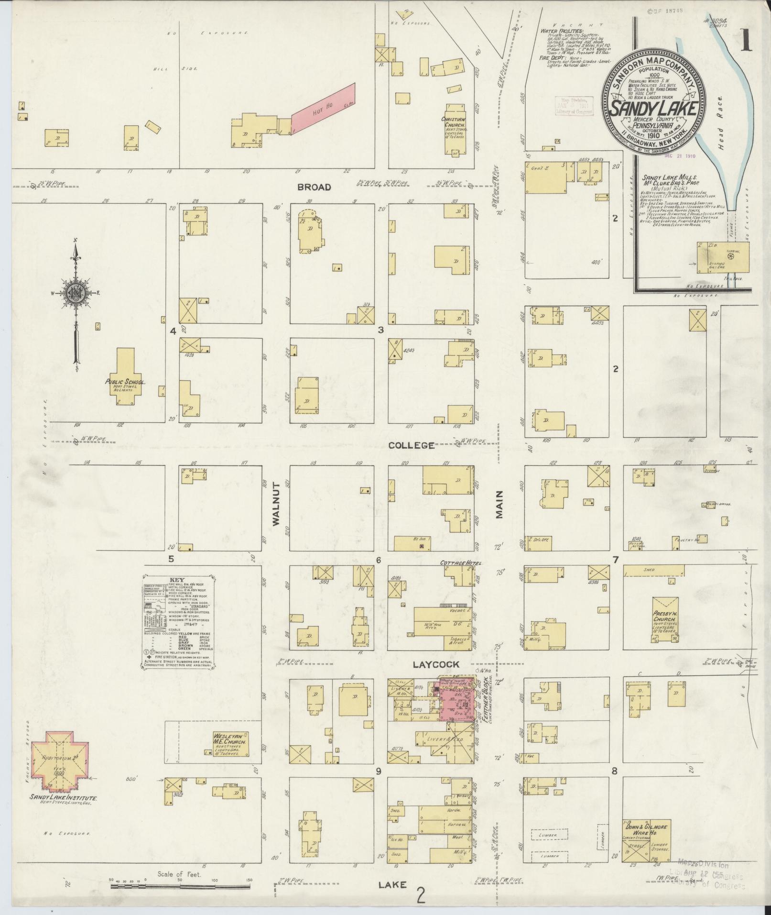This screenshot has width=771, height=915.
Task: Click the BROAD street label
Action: pyautogui.click(x=314, y=187)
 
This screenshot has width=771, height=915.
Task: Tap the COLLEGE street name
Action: pyautogui.click(x=411, y=445)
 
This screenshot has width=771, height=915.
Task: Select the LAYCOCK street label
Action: pyautogui.click(x=436, y=664)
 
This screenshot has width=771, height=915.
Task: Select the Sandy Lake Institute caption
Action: pyautogui.click(x=63, y=798)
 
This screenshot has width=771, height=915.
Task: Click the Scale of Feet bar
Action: pyautogui.click(x=181, y=886)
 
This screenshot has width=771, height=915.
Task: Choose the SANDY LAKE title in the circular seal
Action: pyautogui.click(x=652, y=108)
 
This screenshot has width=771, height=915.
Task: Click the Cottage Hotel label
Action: pyautogui.click(x=460, y=562)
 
